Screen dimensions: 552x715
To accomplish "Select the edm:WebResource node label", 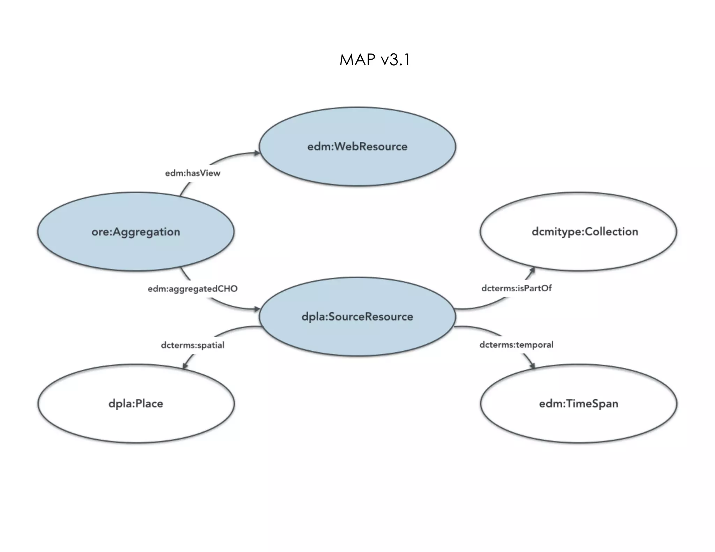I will click(x=357, y=147).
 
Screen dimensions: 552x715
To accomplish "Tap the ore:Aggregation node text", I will click(x=136, y=232).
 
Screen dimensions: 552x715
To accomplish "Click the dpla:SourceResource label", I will click(x=357, y=317).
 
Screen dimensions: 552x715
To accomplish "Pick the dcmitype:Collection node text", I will click(x=585, y=232).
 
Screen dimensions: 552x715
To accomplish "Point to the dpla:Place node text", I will click(x=136, y=404).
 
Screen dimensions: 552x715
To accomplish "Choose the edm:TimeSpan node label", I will click(x=578, y=404).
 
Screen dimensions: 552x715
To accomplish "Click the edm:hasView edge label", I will click(x=193, y=173).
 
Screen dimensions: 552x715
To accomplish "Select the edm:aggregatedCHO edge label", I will click(x=192, y=289).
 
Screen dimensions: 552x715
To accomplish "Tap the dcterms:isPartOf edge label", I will click(x=516, y=288).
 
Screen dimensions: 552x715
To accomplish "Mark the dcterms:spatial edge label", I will click(x=192, y=345).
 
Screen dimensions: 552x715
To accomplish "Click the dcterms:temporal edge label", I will click(x=516, y=345).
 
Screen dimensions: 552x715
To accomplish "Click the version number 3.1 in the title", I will click(x=400, y=60).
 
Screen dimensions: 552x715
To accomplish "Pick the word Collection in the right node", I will click(x=611, y=232).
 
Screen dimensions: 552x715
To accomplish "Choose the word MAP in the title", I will click(x=357, y=60).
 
